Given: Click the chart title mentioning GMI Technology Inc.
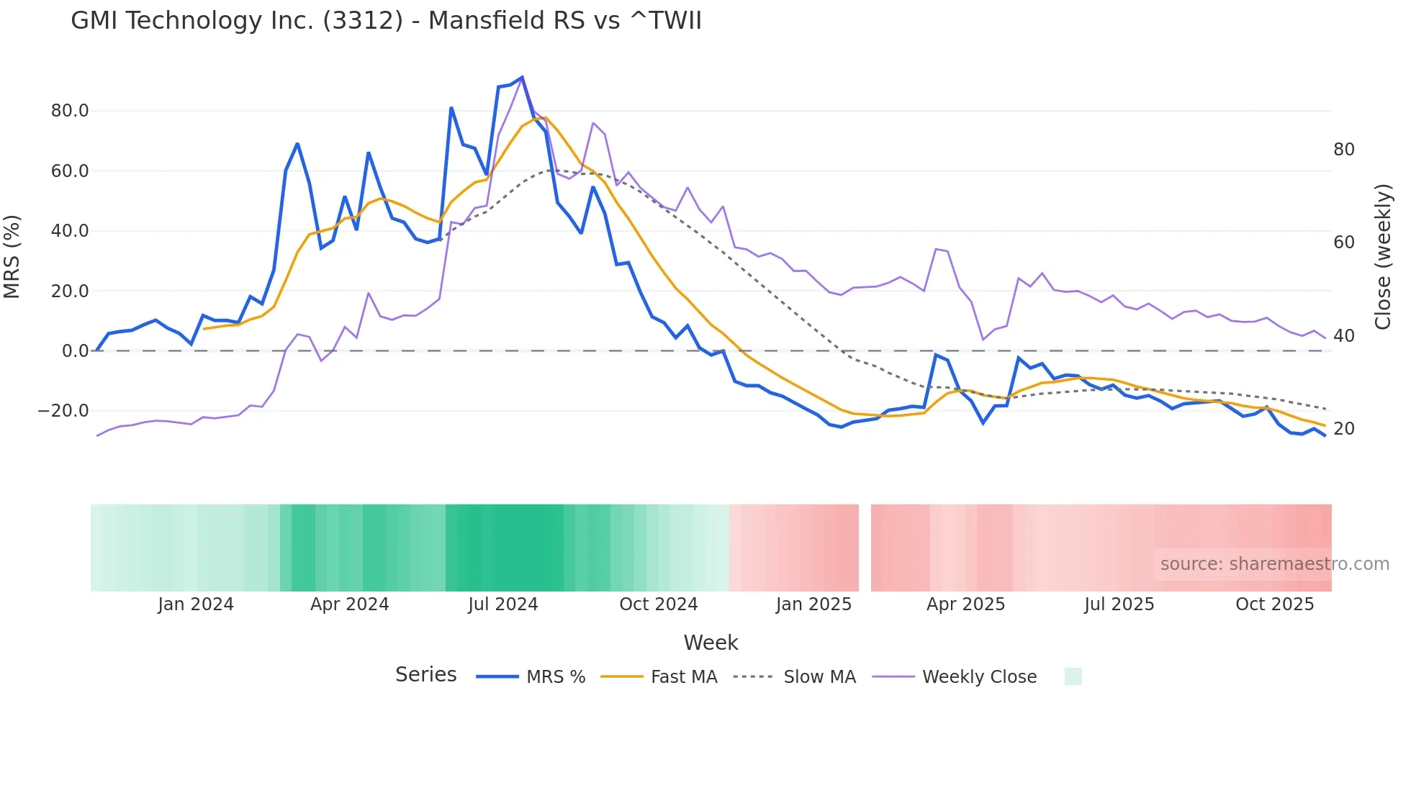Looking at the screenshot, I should [386, 20].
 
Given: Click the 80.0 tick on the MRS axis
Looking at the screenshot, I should [70, 111].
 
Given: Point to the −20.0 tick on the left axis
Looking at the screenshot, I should [63, 411].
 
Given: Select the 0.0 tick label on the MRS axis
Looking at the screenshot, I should [76, 351].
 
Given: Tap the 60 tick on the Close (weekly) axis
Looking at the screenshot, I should [1344, 243].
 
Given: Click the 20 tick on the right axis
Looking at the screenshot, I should [1344, 429].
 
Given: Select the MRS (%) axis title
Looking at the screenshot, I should [12, 257].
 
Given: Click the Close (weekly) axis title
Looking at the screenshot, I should [1383, 257].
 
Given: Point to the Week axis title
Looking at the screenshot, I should [711, 643].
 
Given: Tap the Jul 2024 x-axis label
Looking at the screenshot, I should [503, 604].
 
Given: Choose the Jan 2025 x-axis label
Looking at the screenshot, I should [813, 604].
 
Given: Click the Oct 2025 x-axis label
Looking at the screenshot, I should [1274, 604].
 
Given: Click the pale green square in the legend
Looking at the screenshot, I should [1073, 676].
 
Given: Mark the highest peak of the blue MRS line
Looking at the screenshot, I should [522, 77].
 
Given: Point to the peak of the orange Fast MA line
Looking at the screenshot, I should [545, 118].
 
